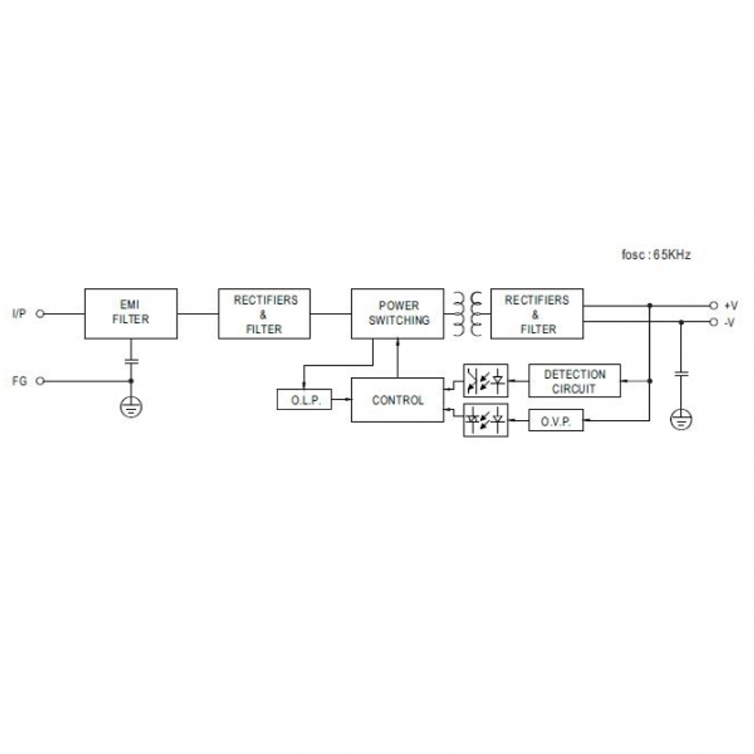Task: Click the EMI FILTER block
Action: (x=130, y=314)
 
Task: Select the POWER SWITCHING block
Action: (x=397, y=314)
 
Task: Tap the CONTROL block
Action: (x=397, y=400)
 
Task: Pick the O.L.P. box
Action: (x=305, y=400)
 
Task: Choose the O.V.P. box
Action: (x=556, y=420)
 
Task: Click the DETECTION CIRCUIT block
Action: (x=575, y=381)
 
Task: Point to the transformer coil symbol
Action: (x=467, y=314)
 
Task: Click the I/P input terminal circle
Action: (x=41, y=314)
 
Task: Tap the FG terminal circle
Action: (x=41, y=382)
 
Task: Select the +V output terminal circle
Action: (x=713, y=305)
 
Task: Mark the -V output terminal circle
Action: (x=713, y=322)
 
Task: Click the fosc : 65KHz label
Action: (x=656, y=255)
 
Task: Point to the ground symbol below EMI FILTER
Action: (x=130, y=407)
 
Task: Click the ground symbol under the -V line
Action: (x=681, y=419)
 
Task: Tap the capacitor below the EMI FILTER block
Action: (x=131, y=360)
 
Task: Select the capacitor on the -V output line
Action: (x=681, y=374)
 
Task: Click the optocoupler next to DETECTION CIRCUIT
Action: (x=486, y=381)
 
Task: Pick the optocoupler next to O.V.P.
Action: (x=486, y=420)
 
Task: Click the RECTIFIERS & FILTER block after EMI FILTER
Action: (x=264, y=314)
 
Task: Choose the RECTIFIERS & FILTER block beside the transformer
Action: (x=537, y=314)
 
